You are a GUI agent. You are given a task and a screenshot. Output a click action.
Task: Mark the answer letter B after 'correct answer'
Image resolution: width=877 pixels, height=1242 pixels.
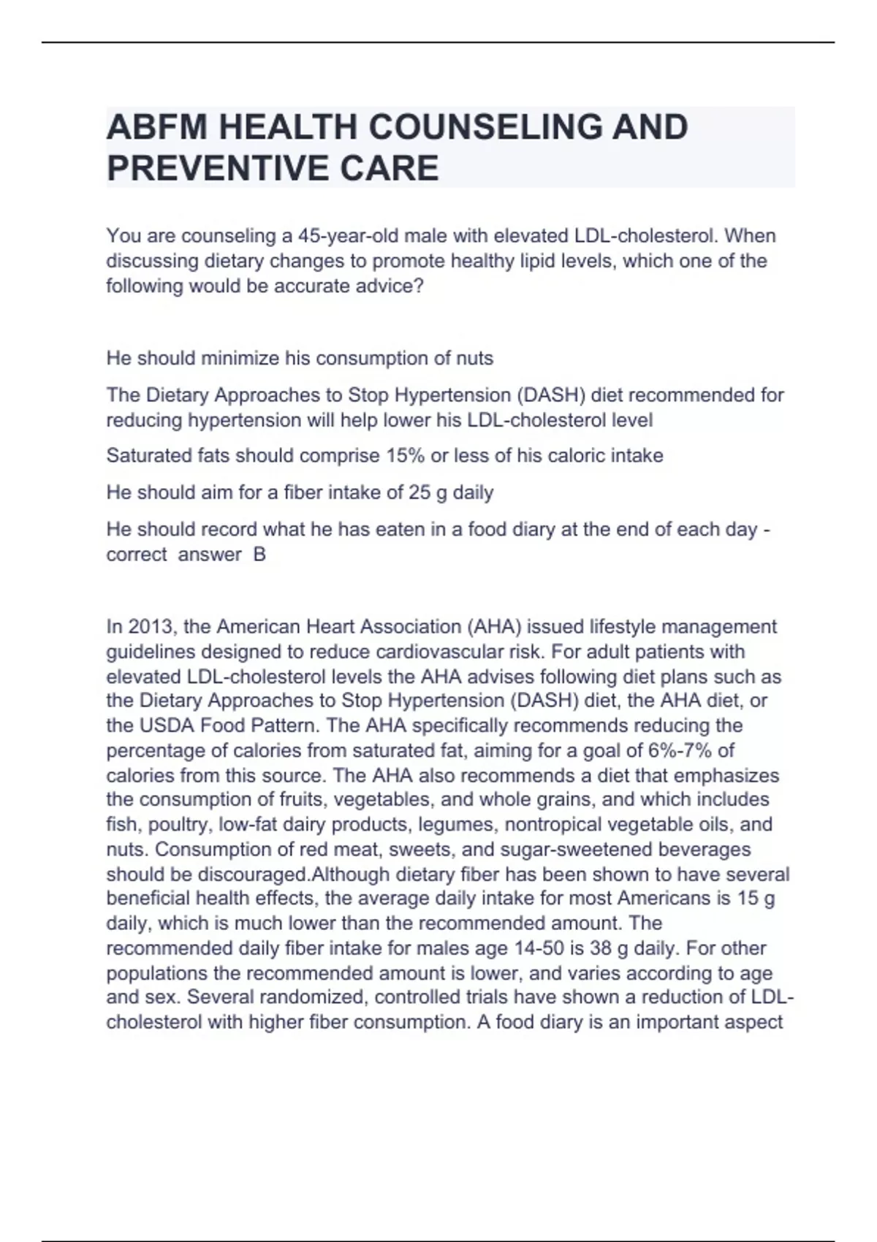pos(259,555)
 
